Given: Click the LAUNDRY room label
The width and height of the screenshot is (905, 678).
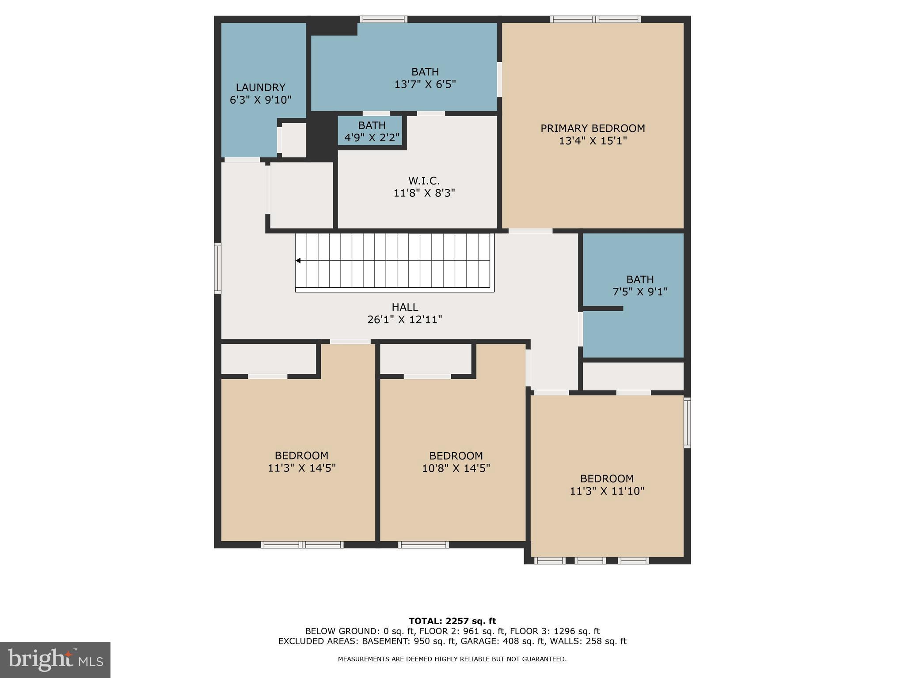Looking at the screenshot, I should pos(260,87).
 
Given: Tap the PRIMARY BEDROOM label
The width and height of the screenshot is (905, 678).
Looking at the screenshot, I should pos(593,128).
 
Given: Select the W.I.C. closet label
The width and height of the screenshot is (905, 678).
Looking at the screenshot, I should pos(424,181).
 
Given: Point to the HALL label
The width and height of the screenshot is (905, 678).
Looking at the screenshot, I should pos(404,307).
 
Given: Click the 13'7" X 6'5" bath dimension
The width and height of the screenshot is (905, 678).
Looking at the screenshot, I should pos(425,84).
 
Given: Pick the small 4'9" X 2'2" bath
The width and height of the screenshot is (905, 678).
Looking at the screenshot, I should pos(372,132).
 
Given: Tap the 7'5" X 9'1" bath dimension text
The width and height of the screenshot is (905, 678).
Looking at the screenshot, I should pos(639,292).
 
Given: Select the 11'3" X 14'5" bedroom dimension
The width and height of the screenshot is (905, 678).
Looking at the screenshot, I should pos(301,468).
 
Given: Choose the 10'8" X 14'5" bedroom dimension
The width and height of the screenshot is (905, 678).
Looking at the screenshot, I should pos(456,468).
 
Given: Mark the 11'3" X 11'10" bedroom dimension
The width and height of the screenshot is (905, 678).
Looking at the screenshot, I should pos(607,491).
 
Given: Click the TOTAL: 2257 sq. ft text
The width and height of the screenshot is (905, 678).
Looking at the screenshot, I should pos(452,621).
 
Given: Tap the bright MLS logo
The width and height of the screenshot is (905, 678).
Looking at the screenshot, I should pos(55,659).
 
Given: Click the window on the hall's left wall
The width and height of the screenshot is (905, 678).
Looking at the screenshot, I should pos(217,268).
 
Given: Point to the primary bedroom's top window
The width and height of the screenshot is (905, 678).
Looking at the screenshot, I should pos(595,19).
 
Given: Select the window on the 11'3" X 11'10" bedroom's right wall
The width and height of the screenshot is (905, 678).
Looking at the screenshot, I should pos(687,422).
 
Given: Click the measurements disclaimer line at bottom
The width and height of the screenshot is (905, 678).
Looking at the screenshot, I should pos(452,659).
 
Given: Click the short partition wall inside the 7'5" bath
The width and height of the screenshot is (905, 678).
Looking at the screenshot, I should pos(603,309).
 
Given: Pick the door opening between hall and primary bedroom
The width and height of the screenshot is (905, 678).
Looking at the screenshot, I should pos(530,231).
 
